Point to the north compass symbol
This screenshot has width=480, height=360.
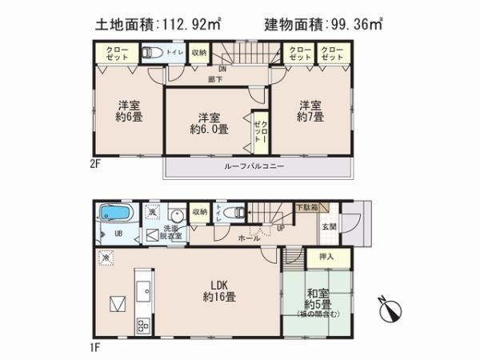[390, 309]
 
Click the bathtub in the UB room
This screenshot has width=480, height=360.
[110, 214]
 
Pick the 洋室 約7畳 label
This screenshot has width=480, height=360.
[310, 110]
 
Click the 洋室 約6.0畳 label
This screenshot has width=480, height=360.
[209, 121]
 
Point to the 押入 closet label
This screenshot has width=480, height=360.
[326, 258]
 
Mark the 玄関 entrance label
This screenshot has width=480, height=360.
[330, 227]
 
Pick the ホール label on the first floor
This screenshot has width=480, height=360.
[247, 239]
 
